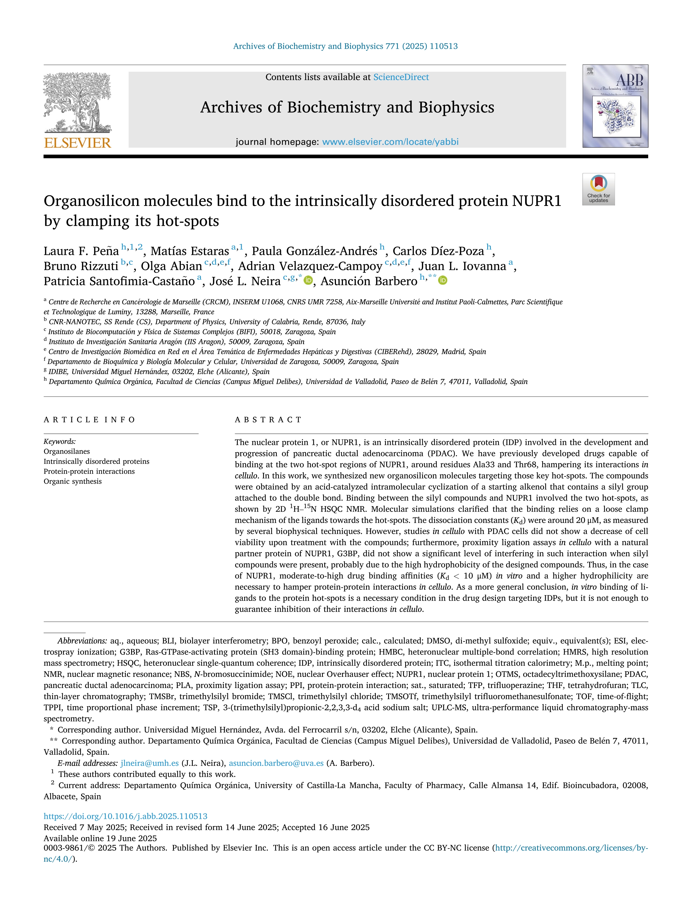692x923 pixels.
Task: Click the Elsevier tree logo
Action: (77, 102)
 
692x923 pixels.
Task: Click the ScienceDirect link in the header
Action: (401, 77)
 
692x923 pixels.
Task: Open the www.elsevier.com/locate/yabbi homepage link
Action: (390, 142)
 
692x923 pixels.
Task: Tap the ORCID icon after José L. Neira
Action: (308, 281)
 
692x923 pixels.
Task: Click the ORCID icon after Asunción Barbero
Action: (443, 281)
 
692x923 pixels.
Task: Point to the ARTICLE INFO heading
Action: (89, 420)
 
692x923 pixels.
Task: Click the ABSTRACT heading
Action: (268, 420)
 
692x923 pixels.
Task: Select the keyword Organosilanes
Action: (67, 452)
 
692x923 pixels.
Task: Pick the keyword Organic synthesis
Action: (73, 481)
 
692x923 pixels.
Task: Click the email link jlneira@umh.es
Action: (149, 763)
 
